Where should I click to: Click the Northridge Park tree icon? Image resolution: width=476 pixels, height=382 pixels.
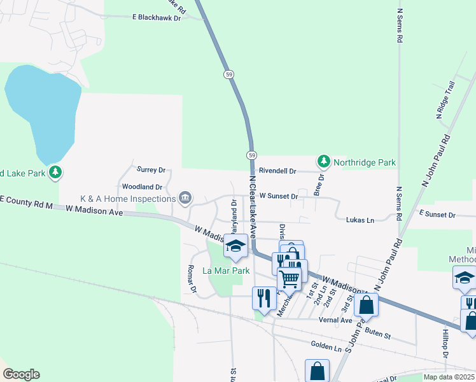tap(324, 162)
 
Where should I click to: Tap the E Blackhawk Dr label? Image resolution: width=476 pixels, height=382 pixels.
tap(157, 18)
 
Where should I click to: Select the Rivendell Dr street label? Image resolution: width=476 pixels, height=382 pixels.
tap(277, 171)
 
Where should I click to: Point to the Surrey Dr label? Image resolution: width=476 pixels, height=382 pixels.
tap(151, 170)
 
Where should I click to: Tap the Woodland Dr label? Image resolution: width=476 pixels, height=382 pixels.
tap(142, 188)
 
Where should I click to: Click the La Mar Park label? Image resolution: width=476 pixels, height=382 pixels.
tap(226, 271)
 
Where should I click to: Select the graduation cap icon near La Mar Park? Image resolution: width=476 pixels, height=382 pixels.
tap(235, 246)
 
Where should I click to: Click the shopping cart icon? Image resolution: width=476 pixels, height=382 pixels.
tap(289, 278)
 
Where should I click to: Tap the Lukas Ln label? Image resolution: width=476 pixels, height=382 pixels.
tap(360, 220)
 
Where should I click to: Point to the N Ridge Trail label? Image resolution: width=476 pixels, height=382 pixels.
tap(445, 100)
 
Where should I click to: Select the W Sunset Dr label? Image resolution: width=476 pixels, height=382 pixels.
tap(278, 197)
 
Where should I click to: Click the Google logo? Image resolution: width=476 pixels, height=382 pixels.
tap(20, 374)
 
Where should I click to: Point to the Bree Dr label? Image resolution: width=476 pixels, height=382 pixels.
tap(318, 183)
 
